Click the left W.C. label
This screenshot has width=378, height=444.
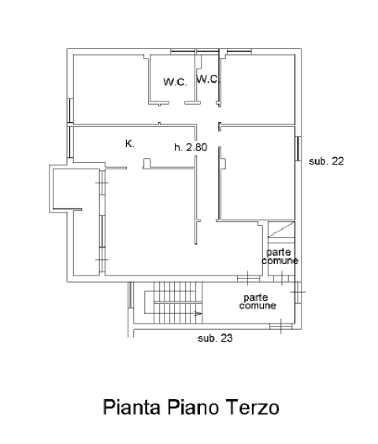point(175,82)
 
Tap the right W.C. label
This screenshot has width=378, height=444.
point(207,79)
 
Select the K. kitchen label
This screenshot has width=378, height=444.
point(130,144)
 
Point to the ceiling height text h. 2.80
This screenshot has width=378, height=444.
point(191,147)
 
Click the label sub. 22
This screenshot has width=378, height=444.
point(326,161)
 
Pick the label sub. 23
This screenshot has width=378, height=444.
point(215,338)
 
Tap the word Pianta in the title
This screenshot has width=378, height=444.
point(132,407)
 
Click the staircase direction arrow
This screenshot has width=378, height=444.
point(198,313)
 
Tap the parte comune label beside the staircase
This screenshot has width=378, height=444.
point(258,302)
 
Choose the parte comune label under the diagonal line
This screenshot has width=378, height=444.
point(280,257)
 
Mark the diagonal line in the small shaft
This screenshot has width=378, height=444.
point(281,229)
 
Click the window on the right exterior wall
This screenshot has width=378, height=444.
point(298,148)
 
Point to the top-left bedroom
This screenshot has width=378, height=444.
point(110,89)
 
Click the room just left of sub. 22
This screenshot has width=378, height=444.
point(258,172)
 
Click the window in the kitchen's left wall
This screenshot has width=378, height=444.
point(70,142)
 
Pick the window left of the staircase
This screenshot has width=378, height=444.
point(131,294)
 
